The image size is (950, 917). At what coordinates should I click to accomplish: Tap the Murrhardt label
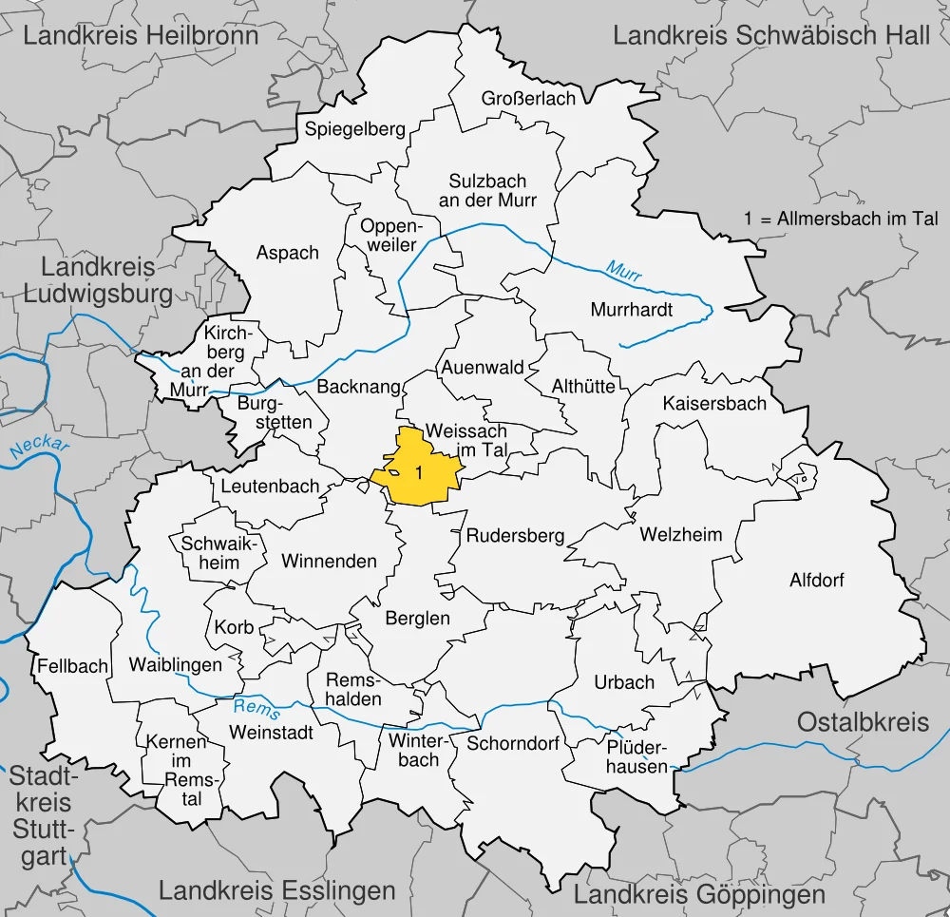pyautogui.click(x=631, y=310)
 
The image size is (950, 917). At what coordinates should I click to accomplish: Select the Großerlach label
pyautogui.click(x=528, y=99)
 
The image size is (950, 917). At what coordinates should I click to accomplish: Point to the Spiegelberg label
pyautogui.click(x=354, y=129)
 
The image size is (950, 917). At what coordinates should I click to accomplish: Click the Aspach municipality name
pyautogui.click(x=288, y=253)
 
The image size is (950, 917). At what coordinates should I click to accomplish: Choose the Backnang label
pyautogui.click(x=358, y=388)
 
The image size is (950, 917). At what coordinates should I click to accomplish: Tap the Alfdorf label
pyautogui.click(x=816, y=580)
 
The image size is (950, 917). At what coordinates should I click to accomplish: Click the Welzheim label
pyautogui.click(x=680, y=534)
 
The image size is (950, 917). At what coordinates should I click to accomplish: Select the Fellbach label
pyautogui.click(x=73, y=666)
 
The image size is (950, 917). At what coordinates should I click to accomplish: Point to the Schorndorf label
pyautogui.click(x=513, y=743)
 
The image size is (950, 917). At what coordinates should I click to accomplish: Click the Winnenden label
pyautogui.click(x=329, y=562)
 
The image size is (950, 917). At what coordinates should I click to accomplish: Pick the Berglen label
pyautogui.click(x=417, y=619)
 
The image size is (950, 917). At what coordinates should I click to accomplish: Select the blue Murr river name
pyautogui.click(x=624, y=272)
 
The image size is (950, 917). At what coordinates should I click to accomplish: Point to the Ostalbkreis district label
pyautogui.click(x=863, y=721)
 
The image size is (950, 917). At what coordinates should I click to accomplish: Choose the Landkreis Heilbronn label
pyautogui.click(x=141, y=36)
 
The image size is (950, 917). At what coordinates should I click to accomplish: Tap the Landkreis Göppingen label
pyautogui.click(x=699, y=894)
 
